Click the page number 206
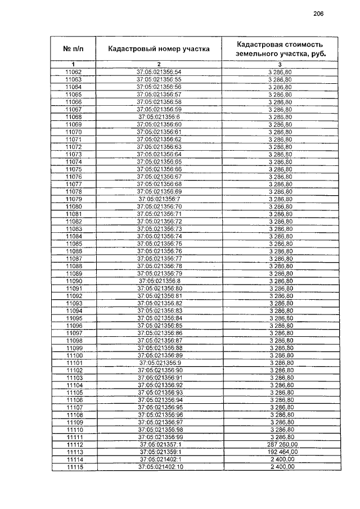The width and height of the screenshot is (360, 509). point(318,14)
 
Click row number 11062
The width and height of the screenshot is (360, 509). point(74,72)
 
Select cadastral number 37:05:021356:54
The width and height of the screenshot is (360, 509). point(159,72)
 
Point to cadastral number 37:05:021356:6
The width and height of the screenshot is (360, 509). point(159,116)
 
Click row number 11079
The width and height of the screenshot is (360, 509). point(74,199)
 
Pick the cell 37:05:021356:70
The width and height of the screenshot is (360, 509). point(159,206)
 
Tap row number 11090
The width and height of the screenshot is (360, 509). point(74,281)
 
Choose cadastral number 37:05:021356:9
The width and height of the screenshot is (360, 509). point(159,363)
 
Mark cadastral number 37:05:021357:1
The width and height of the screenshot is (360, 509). point(159,444)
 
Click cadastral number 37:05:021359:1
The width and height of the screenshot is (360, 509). point(159,452)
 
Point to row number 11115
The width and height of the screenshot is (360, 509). point(74,467)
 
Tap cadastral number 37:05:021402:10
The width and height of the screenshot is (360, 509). point(159,467)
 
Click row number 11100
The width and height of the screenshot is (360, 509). point(74,355)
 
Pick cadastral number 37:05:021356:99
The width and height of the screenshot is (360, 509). point(159,437)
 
